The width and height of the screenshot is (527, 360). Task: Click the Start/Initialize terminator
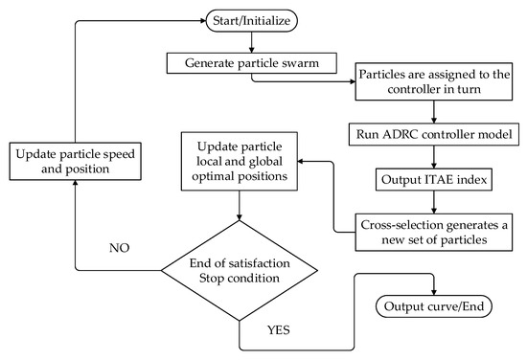251,19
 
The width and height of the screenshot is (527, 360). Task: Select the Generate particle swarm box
251,65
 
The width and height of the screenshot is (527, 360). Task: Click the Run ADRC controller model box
437,136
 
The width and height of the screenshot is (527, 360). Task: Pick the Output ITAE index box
437,179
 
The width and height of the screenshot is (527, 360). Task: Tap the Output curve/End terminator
437,307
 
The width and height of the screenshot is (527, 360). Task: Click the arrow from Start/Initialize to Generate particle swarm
251,40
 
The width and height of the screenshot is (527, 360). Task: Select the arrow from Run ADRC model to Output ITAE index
437,157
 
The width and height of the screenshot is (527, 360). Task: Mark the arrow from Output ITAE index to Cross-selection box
437,201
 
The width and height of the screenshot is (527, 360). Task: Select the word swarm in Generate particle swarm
297,65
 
